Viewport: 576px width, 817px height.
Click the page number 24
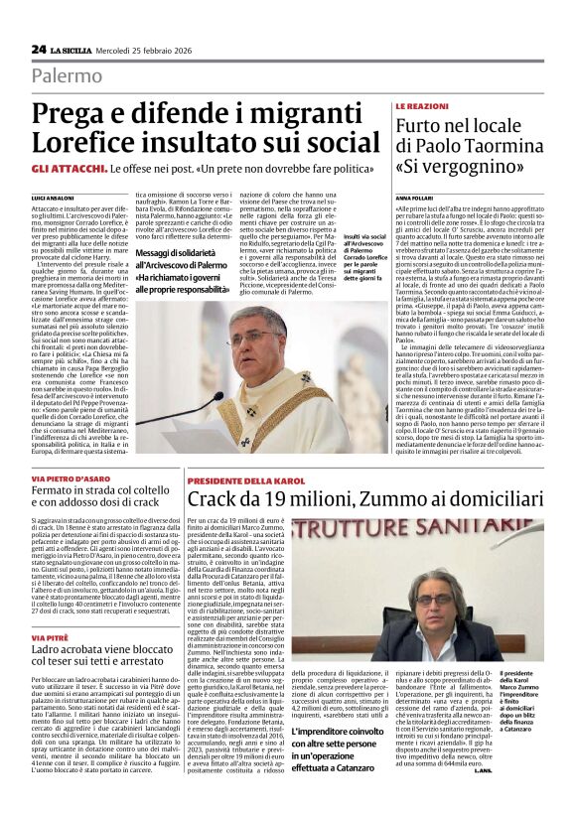pyautogui.click(x=39, y=49)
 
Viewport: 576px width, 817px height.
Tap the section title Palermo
pyautogui.click(x=67, y=75)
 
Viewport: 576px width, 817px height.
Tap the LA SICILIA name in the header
pyautogui.click(x=74, y=50)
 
